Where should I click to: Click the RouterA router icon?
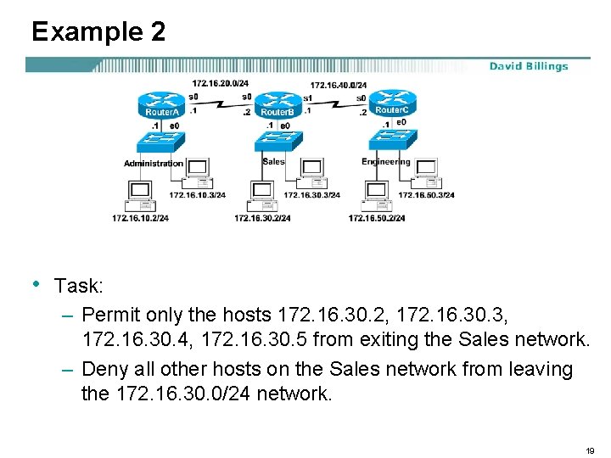pyautogui.click(x=161, y=104)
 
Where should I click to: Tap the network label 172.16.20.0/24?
pyautogui.click(x=220, y=83)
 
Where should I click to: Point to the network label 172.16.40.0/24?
pyautogui.click(x=338, y=85)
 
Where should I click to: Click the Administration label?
pyautogui.click(x=154, y=163)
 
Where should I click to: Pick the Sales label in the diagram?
pyautogui.click(x=274, y=161)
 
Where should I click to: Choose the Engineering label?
pyautogui.click(x=385, y=162)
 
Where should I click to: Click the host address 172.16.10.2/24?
pyautogui.click(x=140, y=218)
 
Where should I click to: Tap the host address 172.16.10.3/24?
pyautogui.click(x=198, y=195)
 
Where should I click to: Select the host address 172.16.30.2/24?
pyautogui.click(x=262, y=218)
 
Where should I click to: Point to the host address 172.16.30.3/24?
pyautogui.click(x=311, y=195)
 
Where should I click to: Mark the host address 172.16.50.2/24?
pyautogui.click(x=377, y=218)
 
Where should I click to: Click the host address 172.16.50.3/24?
pyautogui.click(x=426, y=195)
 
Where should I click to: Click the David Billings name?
pyautogui.click(x=528, y=66)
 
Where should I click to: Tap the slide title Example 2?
pyautogui.click(x=98, y=32)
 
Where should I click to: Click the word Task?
pyautogui.click(x=78, y=286)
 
